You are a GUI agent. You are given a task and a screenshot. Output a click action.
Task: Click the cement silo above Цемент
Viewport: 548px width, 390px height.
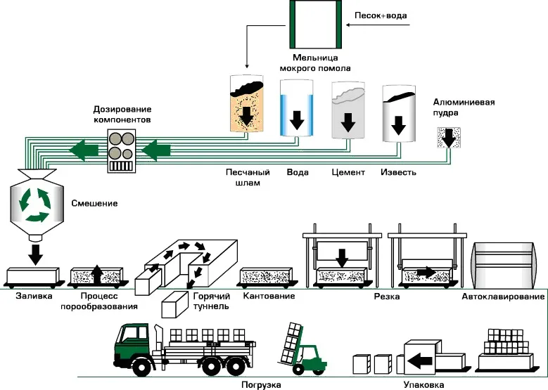pyautogui.click(x=348, y=111)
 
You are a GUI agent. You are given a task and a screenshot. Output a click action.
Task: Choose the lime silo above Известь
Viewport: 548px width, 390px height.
pyautogui.click(x=397, y=112)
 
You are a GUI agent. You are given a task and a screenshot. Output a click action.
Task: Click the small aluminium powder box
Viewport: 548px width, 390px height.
pyautogui.click(x=447, y=138)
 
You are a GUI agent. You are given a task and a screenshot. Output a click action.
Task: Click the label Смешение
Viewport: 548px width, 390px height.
pyautogui.click(x=95, y=204)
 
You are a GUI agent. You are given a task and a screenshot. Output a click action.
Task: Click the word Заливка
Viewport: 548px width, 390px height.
pyautogui.click(x=34, y=297)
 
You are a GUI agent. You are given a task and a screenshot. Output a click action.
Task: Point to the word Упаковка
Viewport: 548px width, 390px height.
pyautogui.click(x=423, y=384)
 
